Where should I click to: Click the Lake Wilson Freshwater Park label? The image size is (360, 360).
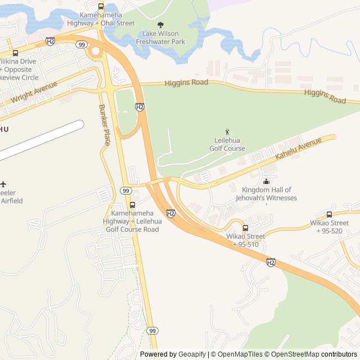pos(164,38)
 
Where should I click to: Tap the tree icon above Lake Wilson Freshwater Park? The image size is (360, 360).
pos(161,25)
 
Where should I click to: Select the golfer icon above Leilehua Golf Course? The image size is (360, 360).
pos(227,132)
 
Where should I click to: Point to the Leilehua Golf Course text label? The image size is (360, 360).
pos(227,145)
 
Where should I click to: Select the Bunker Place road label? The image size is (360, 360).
pos(105,124)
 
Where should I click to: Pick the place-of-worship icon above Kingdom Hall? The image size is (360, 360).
pos(265,181)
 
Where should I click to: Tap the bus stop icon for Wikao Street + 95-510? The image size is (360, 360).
pos(245,228)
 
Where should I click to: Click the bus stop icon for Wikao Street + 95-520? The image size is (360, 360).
pos(329,214)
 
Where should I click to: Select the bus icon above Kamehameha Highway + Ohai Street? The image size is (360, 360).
pos(101,7)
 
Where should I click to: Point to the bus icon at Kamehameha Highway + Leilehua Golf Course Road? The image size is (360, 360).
pos(132,205)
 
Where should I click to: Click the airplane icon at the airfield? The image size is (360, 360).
pos(3,184)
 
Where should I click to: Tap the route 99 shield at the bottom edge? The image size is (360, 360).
pos(152,330)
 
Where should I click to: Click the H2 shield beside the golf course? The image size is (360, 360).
pos(140,107)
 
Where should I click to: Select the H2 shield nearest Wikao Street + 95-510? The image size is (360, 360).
pos(271,262)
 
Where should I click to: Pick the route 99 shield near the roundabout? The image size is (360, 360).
pos(82,44)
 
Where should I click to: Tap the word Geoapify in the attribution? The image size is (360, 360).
pos(192,354)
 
